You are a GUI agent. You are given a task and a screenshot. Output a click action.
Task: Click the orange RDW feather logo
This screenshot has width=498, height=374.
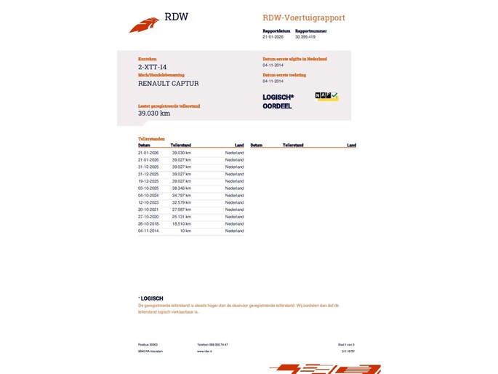tap(144, 25)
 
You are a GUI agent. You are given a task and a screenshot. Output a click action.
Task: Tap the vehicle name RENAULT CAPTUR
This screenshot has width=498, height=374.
tap(168, 84)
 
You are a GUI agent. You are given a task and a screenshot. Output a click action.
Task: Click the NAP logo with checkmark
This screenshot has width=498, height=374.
tap(326, 96)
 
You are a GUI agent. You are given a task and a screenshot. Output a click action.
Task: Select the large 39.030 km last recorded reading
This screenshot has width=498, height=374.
tap(154, 114)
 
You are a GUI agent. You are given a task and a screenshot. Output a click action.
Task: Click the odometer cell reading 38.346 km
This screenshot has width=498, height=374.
tap(181, 188)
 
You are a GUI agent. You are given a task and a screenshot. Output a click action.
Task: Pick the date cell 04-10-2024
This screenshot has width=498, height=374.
tap(148, 196)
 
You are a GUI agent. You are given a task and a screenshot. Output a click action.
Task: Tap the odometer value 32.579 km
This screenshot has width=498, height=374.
tap(181, 203)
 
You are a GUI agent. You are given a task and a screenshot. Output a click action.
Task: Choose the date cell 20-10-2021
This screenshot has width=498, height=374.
tap(148, 210)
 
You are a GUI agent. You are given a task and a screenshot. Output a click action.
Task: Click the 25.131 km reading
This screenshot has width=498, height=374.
tap(181, 217)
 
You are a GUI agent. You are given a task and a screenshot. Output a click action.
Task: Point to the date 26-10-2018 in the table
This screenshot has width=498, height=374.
tap(148, 224)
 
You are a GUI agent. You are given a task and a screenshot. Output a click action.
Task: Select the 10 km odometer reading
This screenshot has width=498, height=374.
tap(185, 231)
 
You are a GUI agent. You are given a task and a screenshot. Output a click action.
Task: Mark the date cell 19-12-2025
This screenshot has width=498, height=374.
tap(148, 181)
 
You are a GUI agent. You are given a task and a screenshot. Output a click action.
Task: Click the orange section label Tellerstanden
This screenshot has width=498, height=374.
tap(151, 138)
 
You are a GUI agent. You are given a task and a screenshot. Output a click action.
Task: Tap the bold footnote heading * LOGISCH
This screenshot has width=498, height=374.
tap(151, 298)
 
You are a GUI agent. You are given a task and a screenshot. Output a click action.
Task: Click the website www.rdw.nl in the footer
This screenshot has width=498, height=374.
tap(204, 351)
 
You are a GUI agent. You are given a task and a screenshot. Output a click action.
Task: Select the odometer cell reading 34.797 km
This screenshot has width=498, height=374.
tap(181, 196)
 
